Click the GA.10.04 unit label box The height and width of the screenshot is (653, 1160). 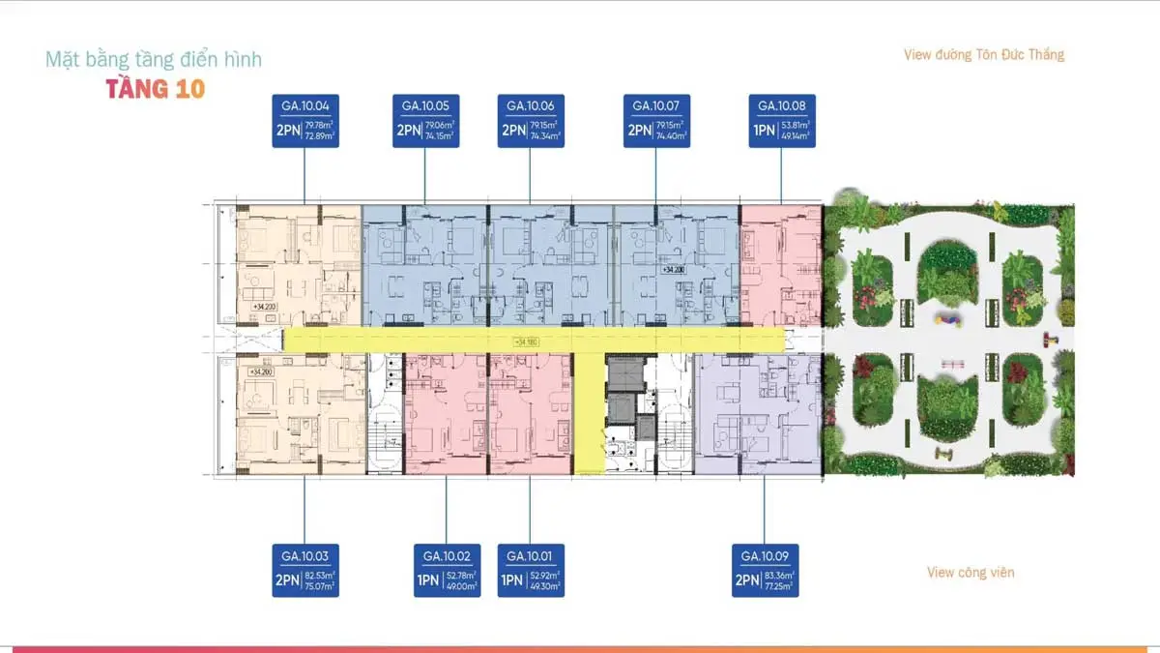305,121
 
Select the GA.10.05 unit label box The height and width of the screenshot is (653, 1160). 425,121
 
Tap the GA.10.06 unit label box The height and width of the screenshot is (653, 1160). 530,121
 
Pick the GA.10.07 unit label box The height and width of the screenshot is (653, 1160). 656,121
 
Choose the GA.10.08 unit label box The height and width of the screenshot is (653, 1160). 782,121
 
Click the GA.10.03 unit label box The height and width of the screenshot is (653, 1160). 305,571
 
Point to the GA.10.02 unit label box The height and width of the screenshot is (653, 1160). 447,571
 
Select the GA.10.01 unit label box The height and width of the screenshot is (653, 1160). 530,571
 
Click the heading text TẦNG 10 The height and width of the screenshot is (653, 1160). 156,90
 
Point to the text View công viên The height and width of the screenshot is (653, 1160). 970,573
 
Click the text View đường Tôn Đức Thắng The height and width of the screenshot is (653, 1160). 983,55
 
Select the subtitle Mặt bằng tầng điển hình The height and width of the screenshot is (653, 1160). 154,60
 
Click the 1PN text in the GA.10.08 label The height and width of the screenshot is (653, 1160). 765,130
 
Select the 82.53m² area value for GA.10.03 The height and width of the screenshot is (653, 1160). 322,577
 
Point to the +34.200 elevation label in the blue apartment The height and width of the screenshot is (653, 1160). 673,270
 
